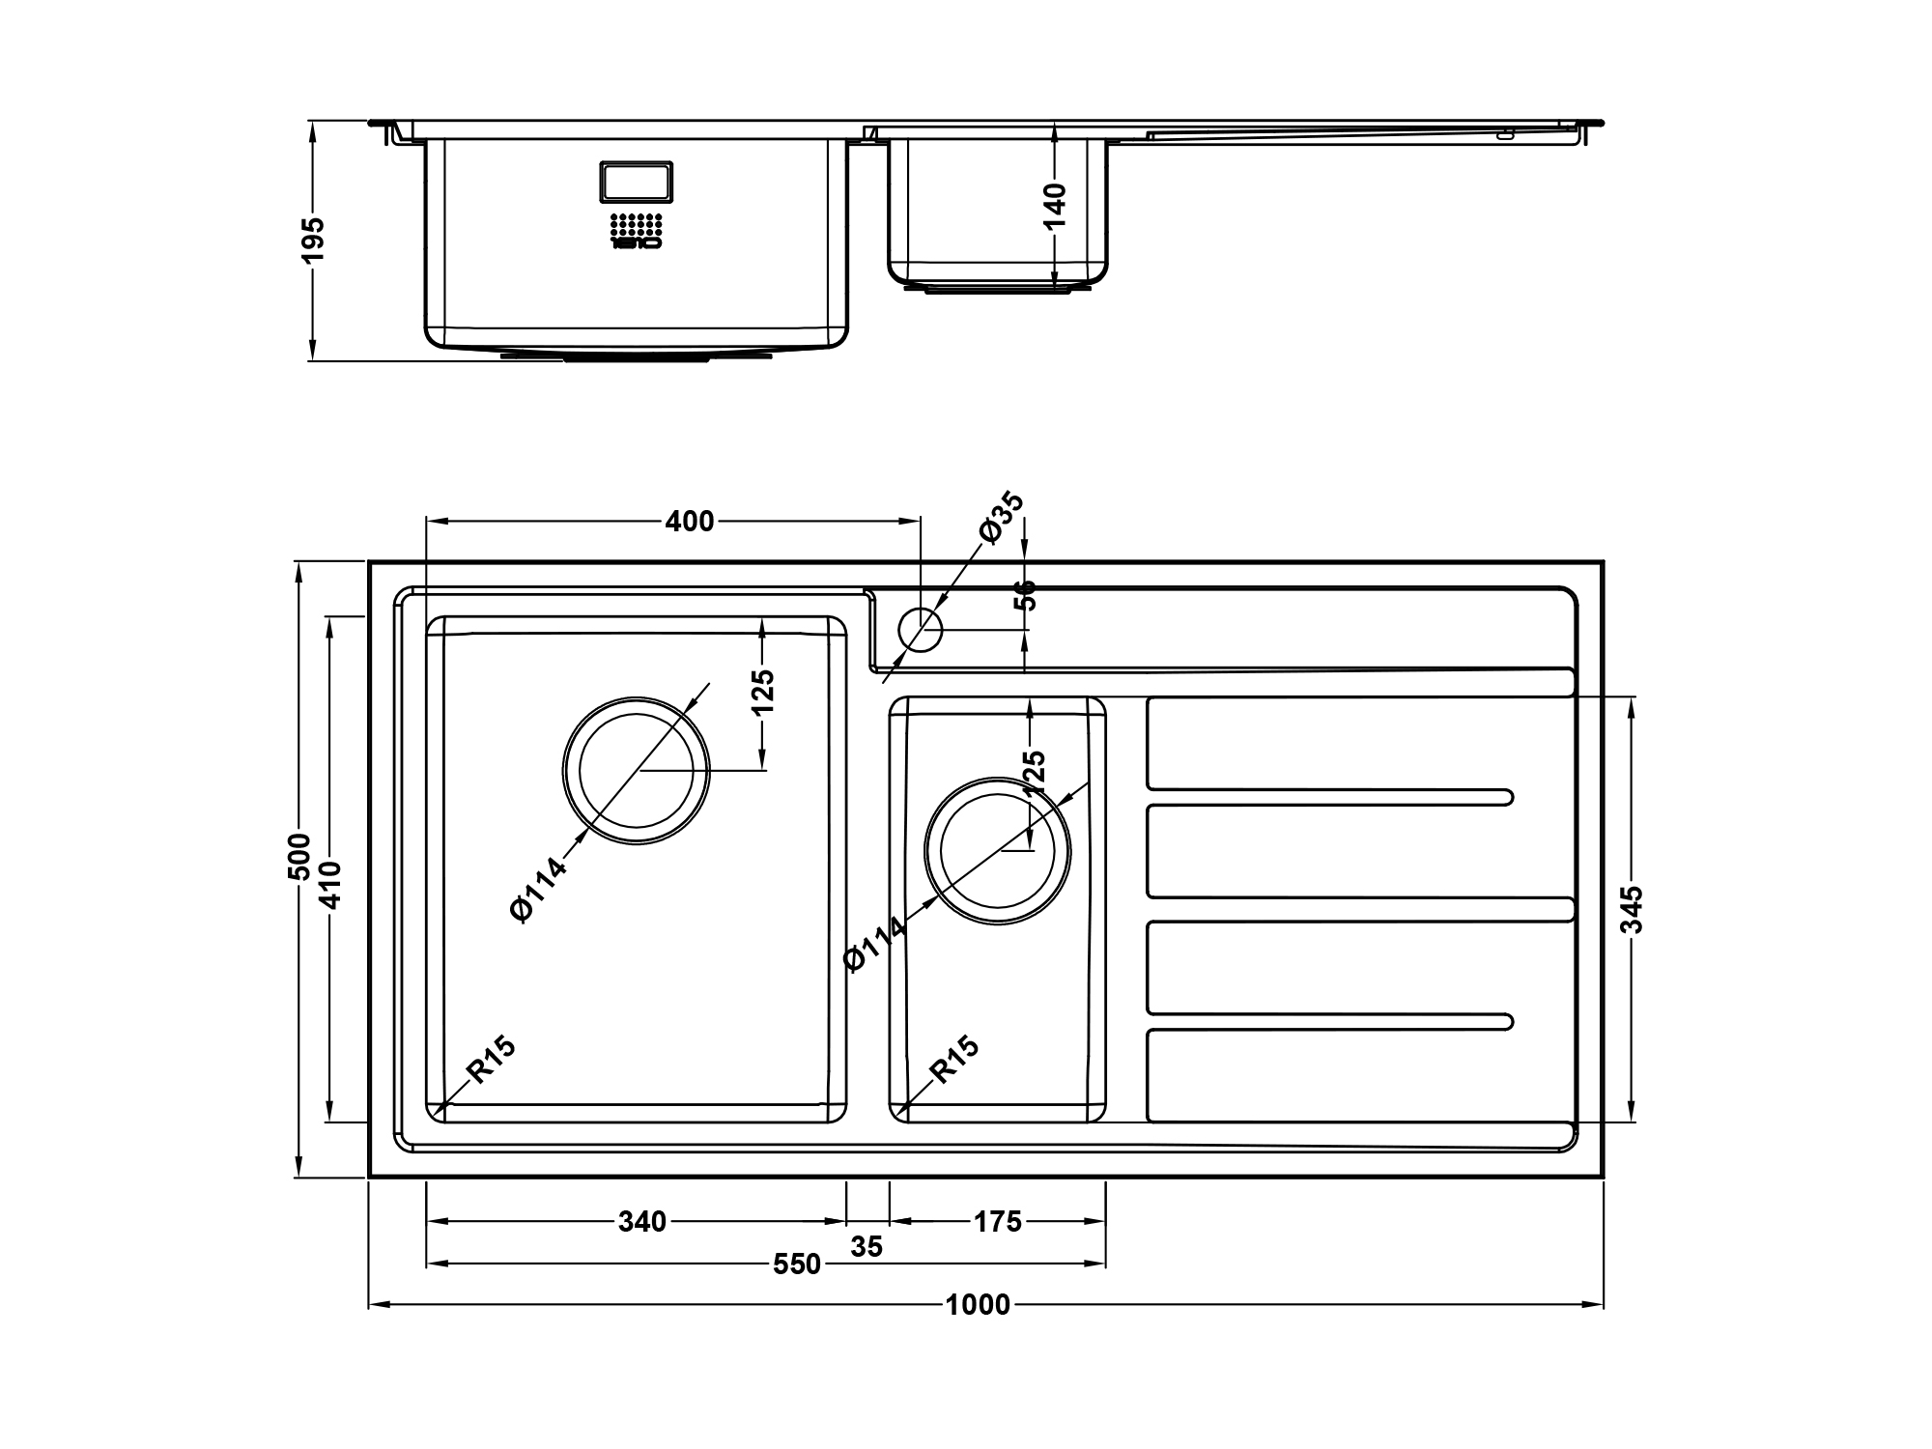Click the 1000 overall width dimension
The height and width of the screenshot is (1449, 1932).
(x=978, y=1305)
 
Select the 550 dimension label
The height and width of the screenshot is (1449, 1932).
(x=797, y=1264)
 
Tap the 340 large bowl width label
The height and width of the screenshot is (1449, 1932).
(x=642, y=1222)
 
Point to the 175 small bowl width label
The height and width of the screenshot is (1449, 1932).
(x=997, y=1222)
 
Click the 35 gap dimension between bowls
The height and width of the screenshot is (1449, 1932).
(x=867, y=1247)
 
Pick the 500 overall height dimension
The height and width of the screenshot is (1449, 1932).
(x=300, y=856)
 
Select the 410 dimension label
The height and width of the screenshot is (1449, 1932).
(x=330, y=885)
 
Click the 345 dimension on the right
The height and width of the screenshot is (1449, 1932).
(x=1632, y=910)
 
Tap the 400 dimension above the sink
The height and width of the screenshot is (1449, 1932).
(x=690, y=522)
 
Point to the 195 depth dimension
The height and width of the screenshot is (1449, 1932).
(x=314, y=240)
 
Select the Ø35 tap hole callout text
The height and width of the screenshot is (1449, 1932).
(x=1001, y=517)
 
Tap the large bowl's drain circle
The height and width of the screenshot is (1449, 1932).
(x=636, y=771)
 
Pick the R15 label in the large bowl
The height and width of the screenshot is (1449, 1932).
(x=491, y=1059)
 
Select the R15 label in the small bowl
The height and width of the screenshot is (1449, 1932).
(x=954, y=1059)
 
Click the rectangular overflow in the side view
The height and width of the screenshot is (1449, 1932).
(x=637, y=182)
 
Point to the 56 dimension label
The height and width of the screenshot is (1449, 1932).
(x=1025, y=595)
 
